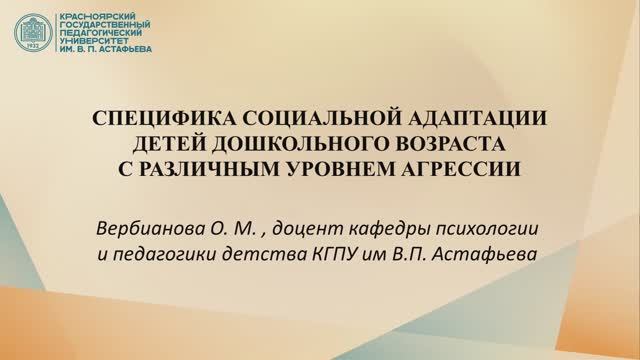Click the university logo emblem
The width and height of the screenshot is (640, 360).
tap(35, 34)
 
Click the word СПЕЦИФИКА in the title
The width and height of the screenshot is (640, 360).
tap(149, 118)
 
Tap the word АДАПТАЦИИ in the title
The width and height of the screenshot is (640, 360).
tap(464, 118)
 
